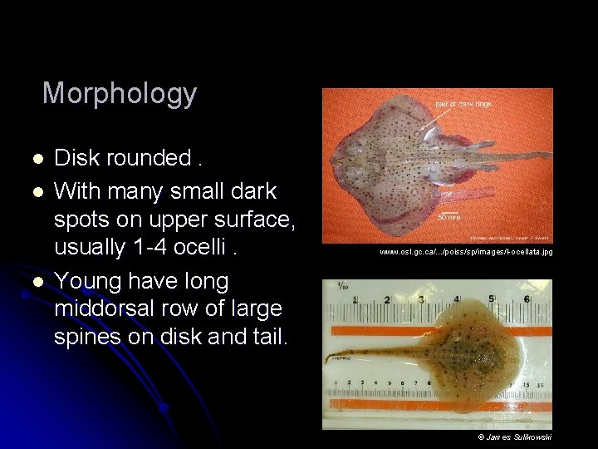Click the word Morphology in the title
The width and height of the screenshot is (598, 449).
click(120, 93)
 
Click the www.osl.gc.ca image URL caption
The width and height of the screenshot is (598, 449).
click(466, 251)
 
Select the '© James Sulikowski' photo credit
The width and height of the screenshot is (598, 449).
click(515, 437)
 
